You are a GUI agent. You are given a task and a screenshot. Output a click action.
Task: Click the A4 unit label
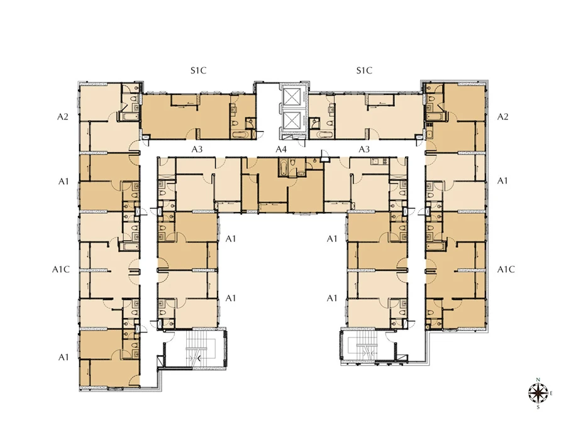pos(281,149)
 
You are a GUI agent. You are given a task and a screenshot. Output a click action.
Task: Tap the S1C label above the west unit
pos(199,70)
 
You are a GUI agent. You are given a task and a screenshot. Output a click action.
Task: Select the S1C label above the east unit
pos(364,70)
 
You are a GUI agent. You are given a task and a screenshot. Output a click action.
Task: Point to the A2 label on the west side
pos(63,116)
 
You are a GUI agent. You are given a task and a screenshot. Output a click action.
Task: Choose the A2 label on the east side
pos(503,116)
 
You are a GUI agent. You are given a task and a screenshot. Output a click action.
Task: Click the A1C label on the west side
pos(61,270)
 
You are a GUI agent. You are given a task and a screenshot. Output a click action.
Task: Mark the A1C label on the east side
pos(506,270)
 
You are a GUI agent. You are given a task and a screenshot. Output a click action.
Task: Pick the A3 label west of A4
pos(197,149)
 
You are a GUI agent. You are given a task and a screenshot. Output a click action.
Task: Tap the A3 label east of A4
pos(364,149)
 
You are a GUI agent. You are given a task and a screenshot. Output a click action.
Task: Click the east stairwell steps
pos(367,348)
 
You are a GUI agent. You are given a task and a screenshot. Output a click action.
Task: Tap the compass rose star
pos(538,393)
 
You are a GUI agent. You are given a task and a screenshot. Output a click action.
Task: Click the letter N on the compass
pos(538,380)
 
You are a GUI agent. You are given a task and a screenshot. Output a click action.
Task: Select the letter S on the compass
pos(538,407)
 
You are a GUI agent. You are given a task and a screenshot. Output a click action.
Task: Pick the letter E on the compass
pos(551,393)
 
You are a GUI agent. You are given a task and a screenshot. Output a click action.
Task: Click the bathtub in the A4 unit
pos(283,167)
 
